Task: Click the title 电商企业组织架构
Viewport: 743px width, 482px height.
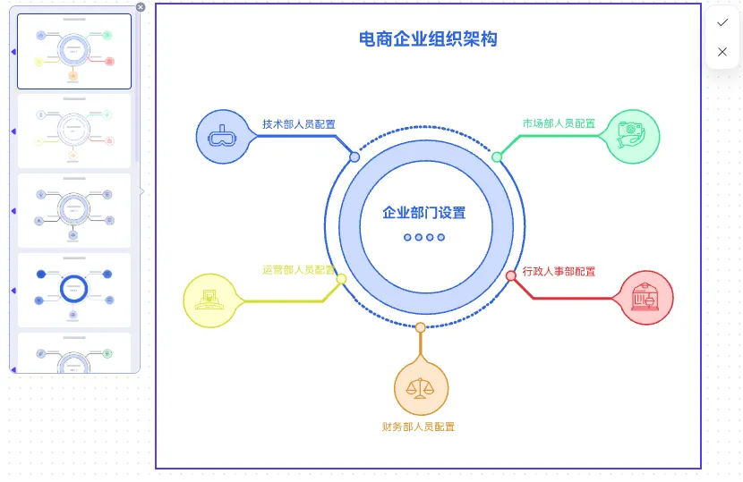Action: click(x=427, y=39)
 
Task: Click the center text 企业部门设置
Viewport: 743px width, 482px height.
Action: click(x=424, y=213)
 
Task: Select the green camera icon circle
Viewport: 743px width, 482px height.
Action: click(x=632, y=137)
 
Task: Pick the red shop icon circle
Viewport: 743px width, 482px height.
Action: click(x=645, y=297)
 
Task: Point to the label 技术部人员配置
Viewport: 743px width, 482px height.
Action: click(x=299, y=124)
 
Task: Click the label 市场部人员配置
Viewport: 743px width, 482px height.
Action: click(x=559, y=124)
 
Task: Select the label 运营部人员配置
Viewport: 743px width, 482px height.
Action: click(x=299, y=269)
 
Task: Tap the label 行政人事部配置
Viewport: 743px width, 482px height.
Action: click(x=559, y=272)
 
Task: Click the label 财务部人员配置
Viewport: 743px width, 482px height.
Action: click(x=418, y=427)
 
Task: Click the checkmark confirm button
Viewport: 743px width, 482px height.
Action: click(x=722, y=22)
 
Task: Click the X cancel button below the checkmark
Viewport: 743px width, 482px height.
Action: click(x=722, y=52)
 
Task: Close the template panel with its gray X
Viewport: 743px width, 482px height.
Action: click(x=141, y=7)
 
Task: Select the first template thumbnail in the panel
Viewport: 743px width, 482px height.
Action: click(x=74, y=51)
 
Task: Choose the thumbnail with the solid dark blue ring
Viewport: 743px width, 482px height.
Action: click(x=74, y=288)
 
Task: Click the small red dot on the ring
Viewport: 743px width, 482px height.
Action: click(x=511, y=275)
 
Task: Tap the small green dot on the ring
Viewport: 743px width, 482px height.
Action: click(x=497, y=157)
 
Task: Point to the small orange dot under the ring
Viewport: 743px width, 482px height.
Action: click(x=420, y=328)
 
